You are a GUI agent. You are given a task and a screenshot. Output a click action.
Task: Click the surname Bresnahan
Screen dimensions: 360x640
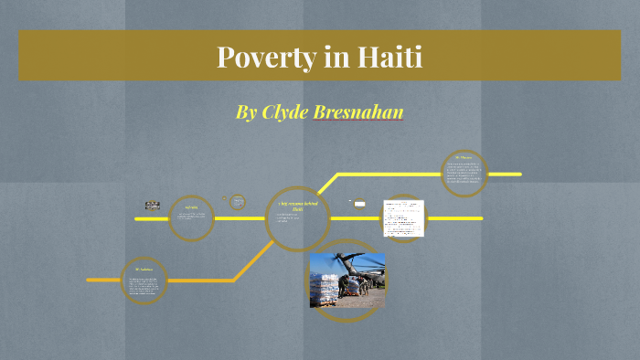[365, 112]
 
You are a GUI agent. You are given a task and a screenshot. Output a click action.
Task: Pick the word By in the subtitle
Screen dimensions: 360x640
[246, 112]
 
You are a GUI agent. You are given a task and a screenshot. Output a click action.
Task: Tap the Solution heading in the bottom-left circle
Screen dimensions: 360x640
[144, 270]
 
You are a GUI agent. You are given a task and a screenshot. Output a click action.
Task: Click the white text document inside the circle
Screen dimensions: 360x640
[404, 217]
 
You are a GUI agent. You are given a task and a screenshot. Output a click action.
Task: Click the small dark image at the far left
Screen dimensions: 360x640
[152, 206]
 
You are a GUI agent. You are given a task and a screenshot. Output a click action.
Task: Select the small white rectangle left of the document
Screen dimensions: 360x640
[359, 204]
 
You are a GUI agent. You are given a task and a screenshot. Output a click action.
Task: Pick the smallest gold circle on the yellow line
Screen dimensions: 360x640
[238, 202]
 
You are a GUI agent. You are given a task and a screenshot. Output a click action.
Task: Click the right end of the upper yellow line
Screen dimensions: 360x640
[518, 174]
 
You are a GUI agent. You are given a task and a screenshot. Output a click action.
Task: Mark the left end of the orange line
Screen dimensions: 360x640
[90, 280]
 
